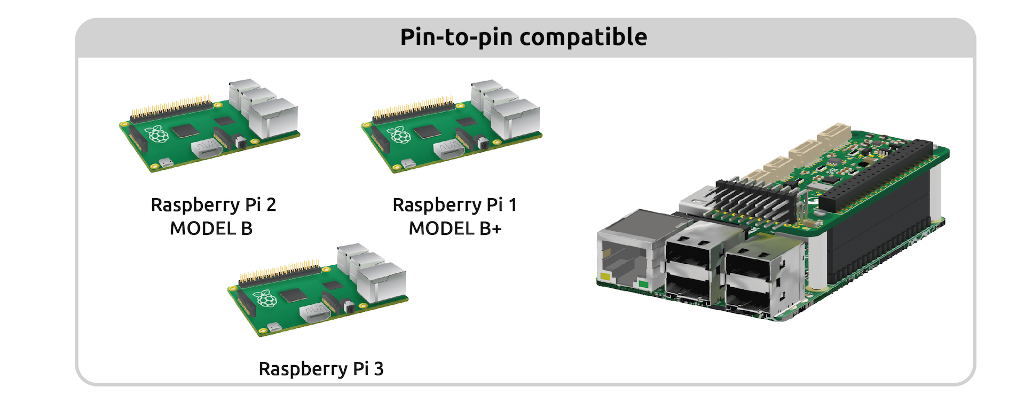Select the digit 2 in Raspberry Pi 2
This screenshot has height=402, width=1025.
271,205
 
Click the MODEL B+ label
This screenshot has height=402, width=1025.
455,228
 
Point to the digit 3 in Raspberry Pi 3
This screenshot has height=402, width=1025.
379,369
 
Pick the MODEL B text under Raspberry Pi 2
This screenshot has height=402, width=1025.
211,228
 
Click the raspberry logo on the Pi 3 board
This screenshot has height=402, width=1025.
265,298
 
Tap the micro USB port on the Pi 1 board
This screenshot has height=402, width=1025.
408,163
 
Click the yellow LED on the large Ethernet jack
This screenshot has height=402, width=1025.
605,277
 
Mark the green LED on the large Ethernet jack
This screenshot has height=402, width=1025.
643,284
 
